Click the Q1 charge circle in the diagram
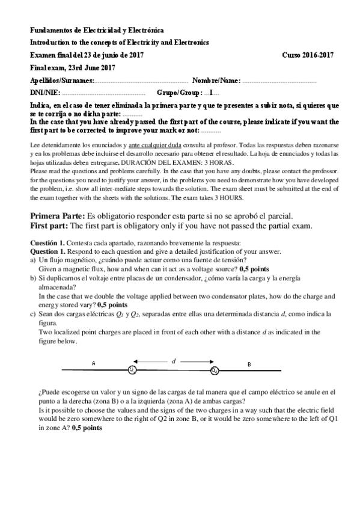[x=132, y=369]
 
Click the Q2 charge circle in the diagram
[x=215, y=369]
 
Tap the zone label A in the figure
[x=93, y=363]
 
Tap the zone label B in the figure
[x=249, y=363]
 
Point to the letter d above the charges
[x=174, y=361]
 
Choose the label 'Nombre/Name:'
[x=216, y=81]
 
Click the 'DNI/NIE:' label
[x=44, y=93]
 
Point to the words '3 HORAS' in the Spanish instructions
[x=213, y=162]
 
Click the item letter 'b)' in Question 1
[x=34, y=279]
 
